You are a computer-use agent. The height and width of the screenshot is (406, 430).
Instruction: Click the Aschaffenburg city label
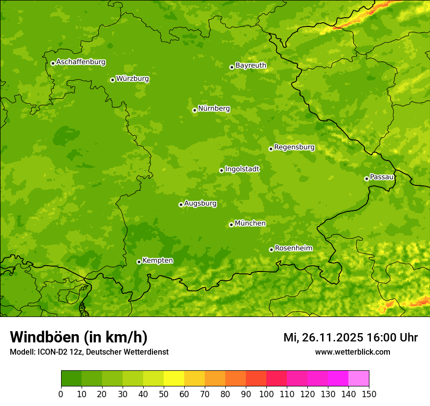81,62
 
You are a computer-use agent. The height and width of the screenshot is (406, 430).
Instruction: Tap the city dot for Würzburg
112,80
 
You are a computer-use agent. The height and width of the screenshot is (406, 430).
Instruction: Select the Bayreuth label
251,66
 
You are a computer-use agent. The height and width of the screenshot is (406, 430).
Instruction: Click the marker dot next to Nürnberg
194,110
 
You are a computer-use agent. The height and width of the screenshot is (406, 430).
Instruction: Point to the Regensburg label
294,147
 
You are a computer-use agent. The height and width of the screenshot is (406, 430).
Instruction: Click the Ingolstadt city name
242,169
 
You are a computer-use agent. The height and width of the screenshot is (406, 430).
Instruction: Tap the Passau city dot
366,179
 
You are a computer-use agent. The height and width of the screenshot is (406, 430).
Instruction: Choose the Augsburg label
200,203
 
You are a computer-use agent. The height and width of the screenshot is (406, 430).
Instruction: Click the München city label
250,224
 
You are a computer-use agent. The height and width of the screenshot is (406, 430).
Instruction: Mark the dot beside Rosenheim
271,249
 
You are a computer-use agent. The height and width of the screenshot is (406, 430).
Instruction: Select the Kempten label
157,261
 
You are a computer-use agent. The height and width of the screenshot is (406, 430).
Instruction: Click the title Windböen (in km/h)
79,338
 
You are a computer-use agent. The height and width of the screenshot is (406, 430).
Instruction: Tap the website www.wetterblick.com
352,352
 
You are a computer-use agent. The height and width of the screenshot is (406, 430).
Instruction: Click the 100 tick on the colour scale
266,394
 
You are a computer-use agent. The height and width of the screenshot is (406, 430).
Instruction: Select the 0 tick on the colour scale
61,394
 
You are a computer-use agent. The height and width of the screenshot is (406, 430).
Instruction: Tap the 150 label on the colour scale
369,394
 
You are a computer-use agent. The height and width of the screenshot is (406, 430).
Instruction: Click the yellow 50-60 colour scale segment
174,379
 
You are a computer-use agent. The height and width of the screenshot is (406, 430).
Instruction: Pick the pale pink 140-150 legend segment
359,379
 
